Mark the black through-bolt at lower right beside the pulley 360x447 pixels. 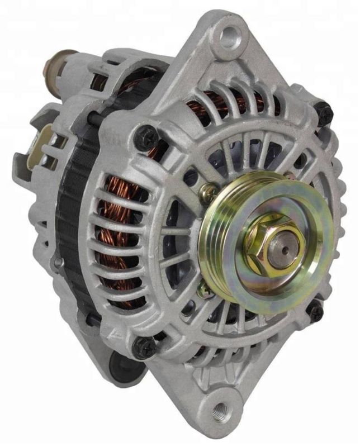(x=316, y=311)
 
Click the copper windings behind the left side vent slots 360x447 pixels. (x=120, y=235)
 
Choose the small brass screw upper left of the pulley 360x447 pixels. (x=209, y=193)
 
